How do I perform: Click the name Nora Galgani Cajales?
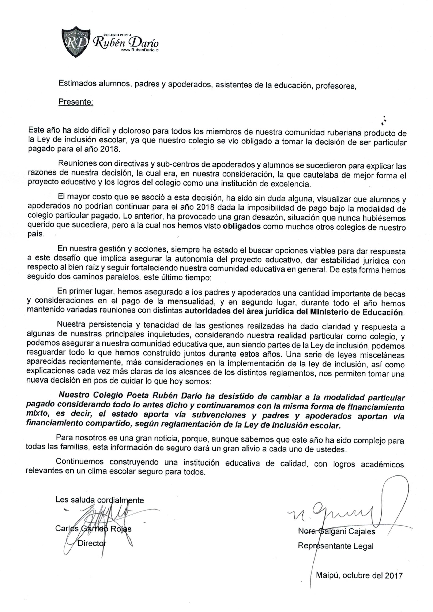[336, 531]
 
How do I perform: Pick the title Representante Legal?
[335, 546]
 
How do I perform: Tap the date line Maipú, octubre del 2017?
[359, 575]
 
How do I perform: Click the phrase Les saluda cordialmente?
[99, 500]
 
